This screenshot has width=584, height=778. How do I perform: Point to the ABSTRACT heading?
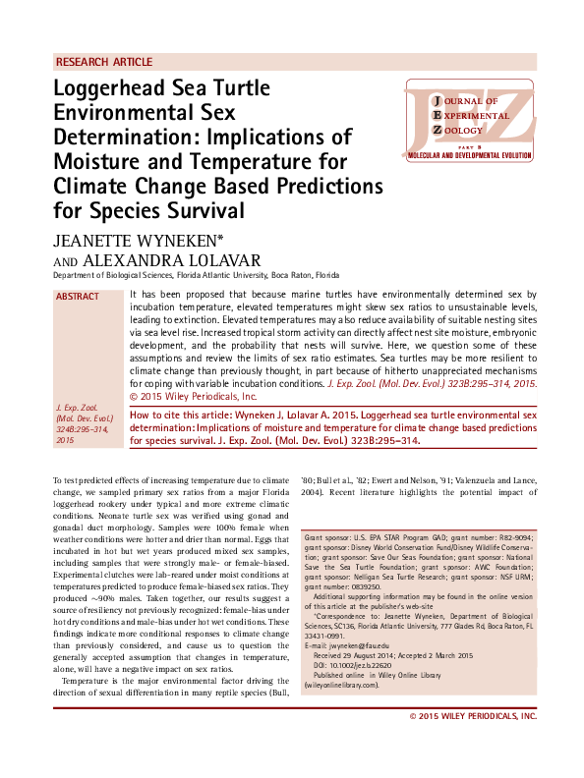click(78, 297)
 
